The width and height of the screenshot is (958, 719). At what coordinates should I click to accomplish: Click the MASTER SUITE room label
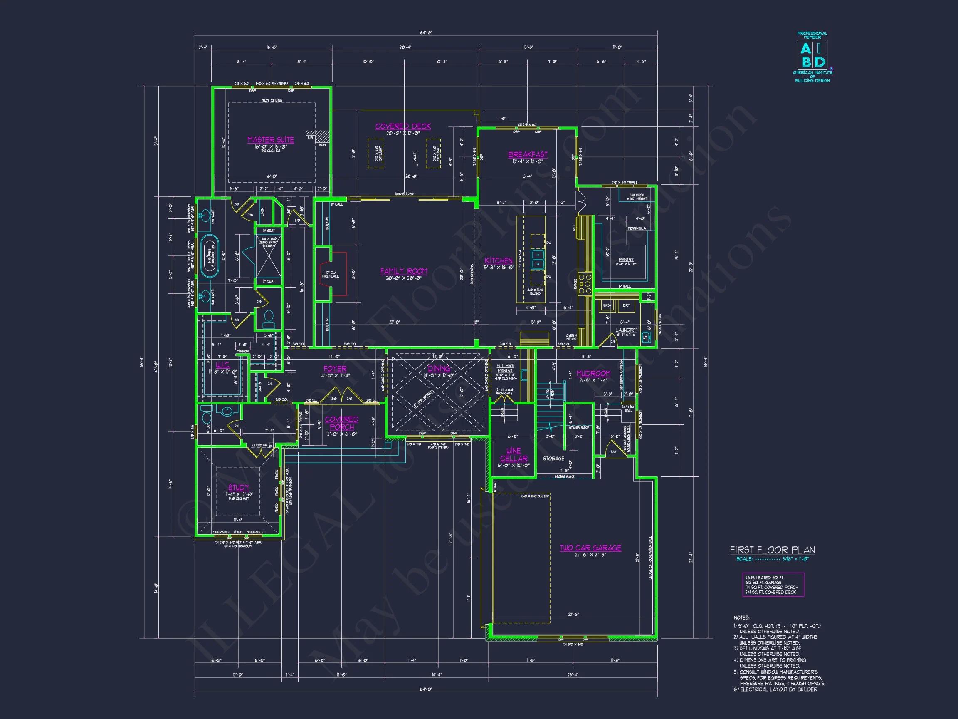coord(270,140)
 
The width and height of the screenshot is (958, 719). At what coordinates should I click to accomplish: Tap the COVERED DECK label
coord(403,126)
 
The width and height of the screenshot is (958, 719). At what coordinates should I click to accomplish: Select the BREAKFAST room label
coord(528,155)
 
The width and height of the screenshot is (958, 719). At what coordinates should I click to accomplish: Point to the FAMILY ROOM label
coord(404,271)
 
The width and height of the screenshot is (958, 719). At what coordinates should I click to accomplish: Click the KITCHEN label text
coord(499,260)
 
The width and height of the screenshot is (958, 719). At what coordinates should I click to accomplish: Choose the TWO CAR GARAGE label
coord(590,548)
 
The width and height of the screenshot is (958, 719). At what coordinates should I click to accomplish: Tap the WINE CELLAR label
coord(514,455)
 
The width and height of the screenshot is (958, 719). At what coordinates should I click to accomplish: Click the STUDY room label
coord(239,488)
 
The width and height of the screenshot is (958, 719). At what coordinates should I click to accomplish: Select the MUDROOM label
coord(593,374)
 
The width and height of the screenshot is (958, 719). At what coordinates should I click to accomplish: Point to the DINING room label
coord(439,369)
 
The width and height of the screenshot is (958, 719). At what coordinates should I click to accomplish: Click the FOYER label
coord(335,369)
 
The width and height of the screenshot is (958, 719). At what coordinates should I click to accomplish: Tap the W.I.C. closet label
coord(222,365)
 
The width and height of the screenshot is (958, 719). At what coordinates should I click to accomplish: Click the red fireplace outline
coord(333,274)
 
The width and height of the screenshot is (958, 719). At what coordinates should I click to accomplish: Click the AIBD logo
coord(812,55)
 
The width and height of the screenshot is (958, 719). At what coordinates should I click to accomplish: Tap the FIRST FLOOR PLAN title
coord(772,550)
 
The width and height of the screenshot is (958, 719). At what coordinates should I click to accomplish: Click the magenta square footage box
coord(773,585)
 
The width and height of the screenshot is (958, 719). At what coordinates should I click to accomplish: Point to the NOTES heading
coord(741,617)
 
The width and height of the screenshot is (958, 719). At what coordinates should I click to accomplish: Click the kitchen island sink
coord(538,260)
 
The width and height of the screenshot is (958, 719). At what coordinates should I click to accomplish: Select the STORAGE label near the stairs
coord(553,459)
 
